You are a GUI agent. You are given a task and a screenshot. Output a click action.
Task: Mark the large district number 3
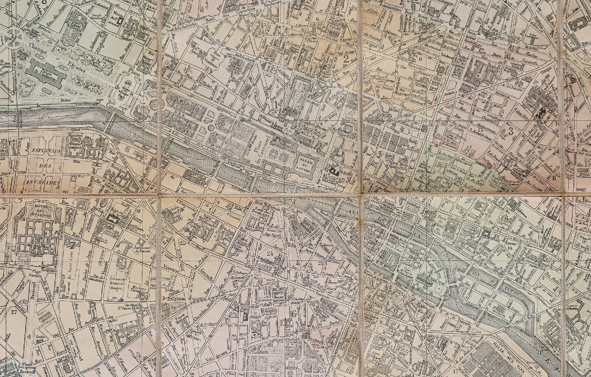click(x=511, y=131)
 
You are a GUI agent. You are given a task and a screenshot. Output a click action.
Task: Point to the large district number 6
click(x=294, y=313)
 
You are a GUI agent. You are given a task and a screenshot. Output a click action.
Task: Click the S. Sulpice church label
click(x=268, y=311)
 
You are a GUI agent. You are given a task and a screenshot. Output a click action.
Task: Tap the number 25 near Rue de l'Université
click(x=183, y=242)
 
